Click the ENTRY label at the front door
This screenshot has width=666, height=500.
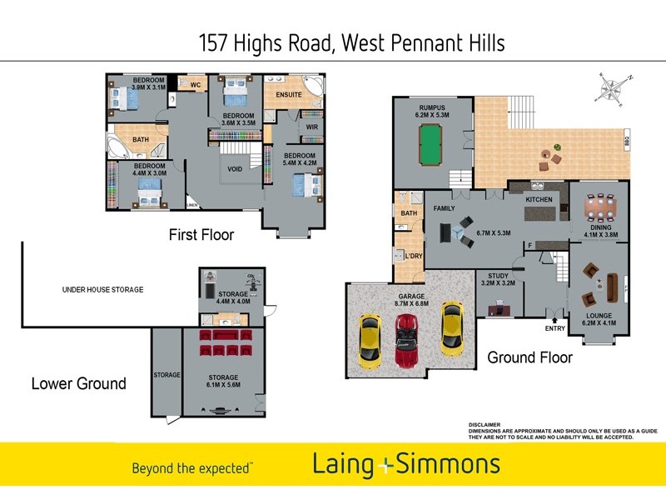(554, 327)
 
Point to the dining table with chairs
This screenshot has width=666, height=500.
(597, 205)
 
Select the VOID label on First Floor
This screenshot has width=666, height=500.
(235, 168)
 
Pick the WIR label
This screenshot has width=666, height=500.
(312, 127)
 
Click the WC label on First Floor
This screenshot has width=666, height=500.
(196, 85)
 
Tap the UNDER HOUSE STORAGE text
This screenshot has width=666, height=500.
(103, 289)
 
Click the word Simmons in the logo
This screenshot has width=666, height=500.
(448, 464)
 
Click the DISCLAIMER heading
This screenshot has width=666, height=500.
(485, 424)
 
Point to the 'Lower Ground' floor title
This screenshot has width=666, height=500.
(78, 383)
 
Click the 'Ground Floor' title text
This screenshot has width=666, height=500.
(529, 357)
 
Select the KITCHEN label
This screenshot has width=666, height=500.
(539, 200)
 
